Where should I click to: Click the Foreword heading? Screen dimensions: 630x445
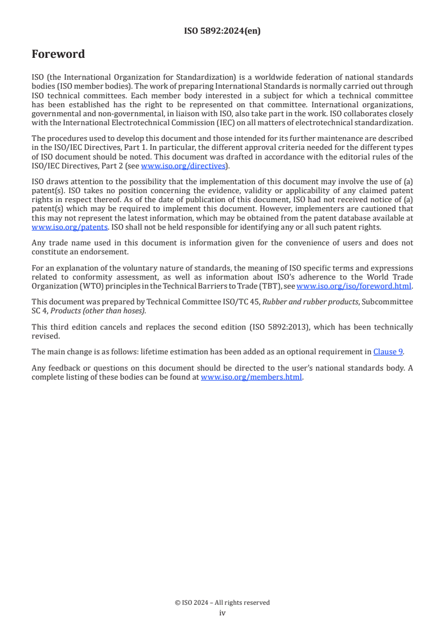pyautogui.click(x=58, y=54)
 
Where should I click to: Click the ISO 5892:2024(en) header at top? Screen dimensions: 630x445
pyautogui.click(x=222, y=31)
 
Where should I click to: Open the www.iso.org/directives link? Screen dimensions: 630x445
pyautogui.click(x=183, y=166)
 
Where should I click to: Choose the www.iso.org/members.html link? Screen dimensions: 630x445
pyautogui.click(x=251, y=377)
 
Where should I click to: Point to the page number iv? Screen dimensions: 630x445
pyautogui.click(x=222, y=613)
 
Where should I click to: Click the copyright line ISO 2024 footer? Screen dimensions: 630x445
pyautogui.click(x=222, y=602)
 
